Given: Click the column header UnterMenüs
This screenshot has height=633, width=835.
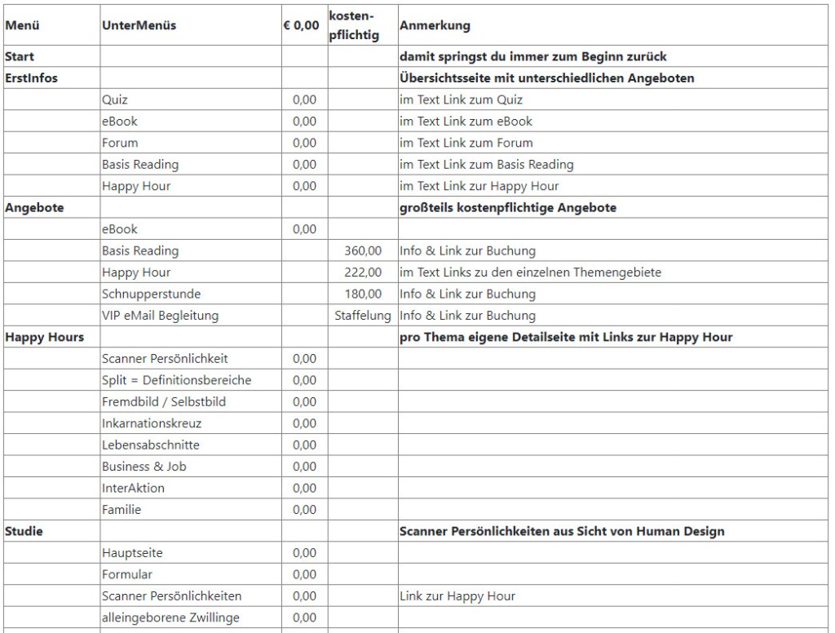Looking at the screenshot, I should coord(139,25).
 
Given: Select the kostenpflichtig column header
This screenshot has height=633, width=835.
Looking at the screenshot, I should coord(354,25).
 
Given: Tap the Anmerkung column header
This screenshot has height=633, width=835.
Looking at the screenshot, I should coord(435,25).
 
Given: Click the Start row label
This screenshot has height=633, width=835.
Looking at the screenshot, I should coord(20,57).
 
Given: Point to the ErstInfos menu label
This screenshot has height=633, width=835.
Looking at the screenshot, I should coord(31,78).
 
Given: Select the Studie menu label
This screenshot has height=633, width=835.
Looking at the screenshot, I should coord(24,531).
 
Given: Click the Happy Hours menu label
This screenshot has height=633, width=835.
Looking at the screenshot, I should coord(44,337).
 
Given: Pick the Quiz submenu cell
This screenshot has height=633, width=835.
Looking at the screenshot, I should coord(115,100).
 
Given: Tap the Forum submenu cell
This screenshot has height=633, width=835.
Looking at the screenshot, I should coord(120,143).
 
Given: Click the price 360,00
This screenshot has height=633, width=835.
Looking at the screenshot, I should coord(363,250).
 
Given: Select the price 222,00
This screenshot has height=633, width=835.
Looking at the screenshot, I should coord(363,272).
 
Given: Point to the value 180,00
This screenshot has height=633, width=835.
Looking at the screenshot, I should coord(363,294).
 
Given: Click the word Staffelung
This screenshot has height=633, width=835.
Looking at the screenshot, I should coord(363,316).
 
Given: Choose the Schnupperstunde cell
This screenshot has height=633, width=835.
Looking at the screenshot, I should coord(151,294).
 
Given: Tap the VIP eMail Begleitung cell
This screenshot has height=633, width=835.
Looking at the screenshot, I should coord(160,316).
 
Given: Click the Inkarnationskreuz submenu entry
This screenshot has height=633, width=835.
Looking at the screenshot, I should coord(152,423).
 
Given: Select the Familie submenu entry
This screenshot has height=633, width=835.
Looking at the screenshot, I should coord(121,510).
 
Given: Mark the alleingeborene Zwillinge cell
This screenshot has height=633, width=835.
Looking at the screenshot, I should coord(170,618).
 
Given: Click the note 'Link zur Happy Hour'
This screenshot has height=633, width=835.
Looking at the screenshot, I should coord(457,596).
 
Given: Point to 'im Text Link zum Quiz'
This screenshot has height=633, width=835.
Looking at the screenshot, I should coord(461,100).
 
